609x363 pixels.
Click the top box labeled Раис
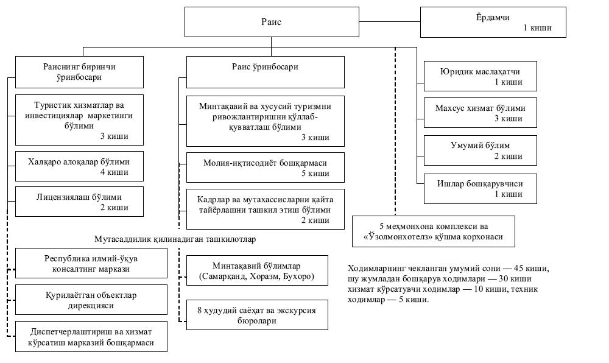pyautogui.click(x=272, y=22)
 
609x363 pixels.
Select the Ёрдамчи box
pyautogui.click(x=493, y=22)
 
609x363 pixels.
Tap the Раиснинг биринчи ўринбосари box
pyautogui.click(x=79, y=72)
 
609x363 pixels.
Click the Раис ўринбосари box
pyautogui.click(x=266, y=72)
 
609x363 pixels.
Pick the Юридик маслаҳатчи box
pyautogui.click(x=480, y=76)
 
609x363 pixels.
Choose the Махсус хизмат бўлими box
pyautogui.click(x=480, y=113)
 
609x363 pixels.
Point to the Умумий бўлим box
pyautogui.click(x=480, y=150)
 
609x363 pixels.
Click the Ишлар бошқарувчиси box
pyautogui.click(x=480, y=189)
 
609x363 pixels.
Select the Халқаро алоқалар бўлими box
pyautogui.click(x=79, y=166)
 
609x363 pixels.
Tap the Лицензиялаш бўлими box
pyautogui.click(x=79, y=202)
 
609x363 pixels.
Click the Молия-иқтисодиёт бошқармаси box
pyautogui.click(x=266, y=167)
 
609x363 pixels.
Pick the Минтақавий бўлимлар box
pyautogui.click(x=257, y=270)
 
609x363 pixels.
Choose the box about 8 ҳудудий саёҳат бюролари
pyautogui.click(x=257, y=315)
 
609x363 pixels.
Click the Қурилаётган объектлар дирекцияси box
pyautogui.click(x=91, y=300)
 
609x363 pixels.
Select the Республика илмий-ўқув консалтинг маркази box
pyautogui.click(x=91, y=263)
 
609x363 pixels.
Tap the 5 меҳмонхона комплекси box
pyautogui.click(x=434, y=231)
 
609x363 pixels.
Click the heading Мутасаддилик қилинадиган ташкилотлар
pyautogui.click(x=175, y=239)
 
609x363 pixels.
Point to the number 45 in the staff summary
pyautogui.click(x=519, y=268)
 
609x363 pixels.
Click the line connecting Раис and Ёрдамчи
pyautogui.click(x=390, y=21)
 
